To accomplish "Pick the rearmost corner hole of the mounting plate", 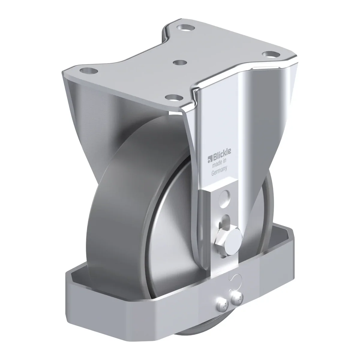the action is tap(186, 28).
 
